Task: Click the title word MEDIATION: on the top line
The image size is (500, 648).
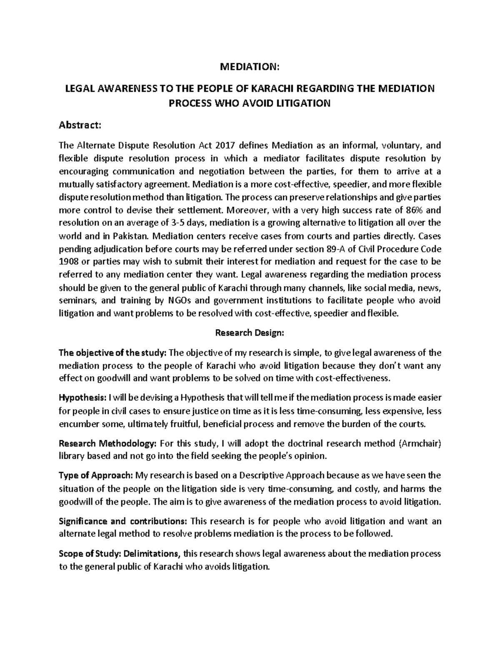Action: pos(249,67)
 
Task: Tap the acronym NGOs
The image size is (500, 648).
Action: pos(180,301)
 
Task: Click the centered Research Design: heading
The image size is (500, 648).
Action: pos(249,333)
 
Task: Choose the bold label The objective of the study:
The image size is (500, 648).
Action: pos(112,353)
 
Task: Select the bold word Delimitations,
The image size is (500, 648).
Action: pos(152,554)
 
